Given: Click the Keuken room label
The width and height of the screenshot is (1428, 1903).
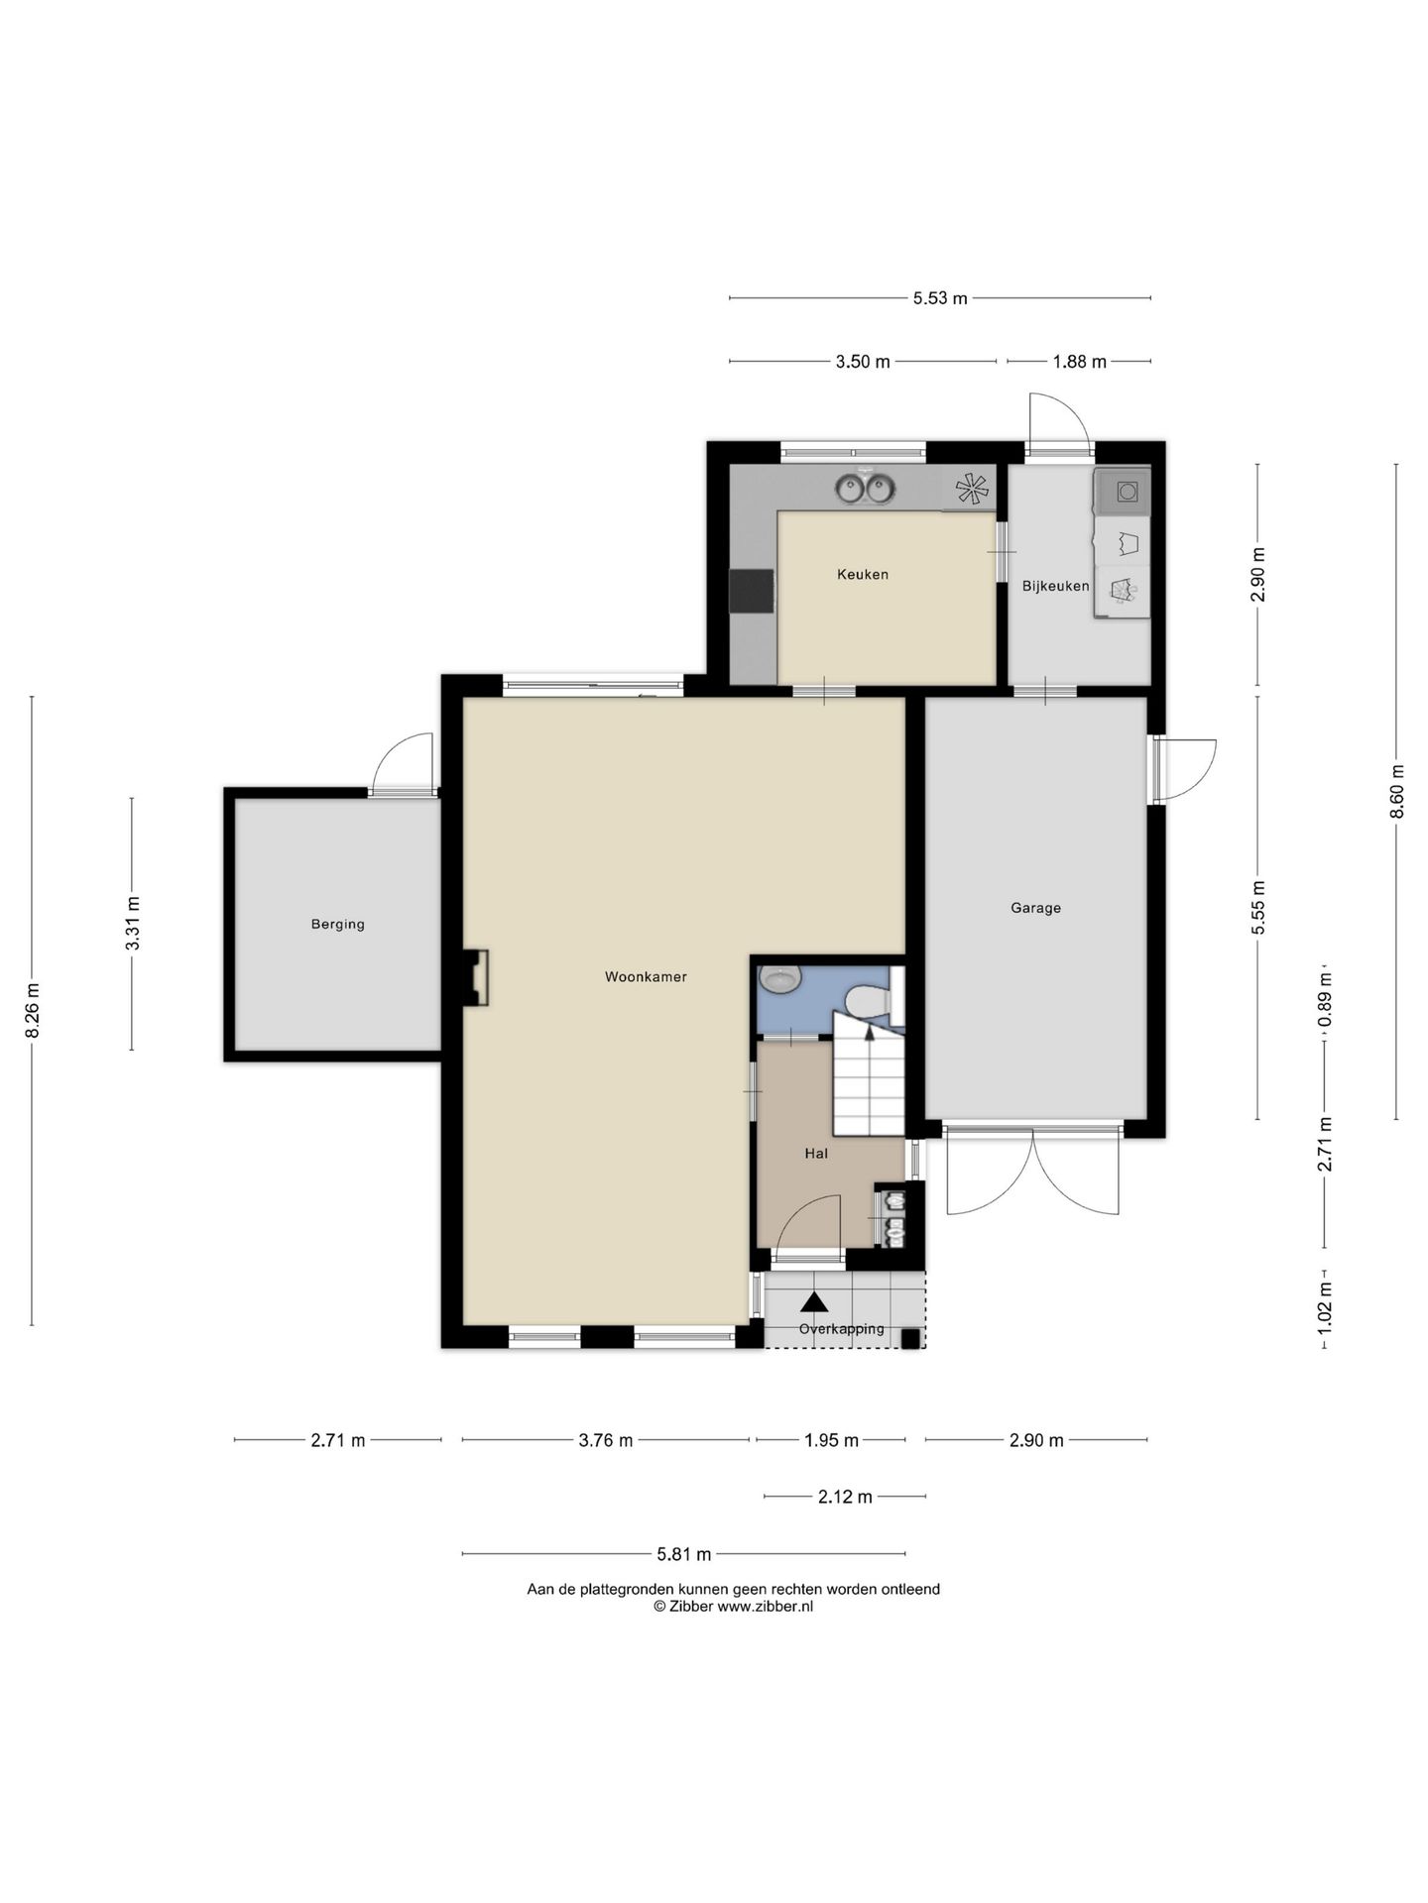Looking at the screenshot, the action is [x=862, y=574].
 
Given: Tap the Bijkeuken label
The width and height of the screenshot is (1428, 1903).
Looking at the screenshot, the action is [x=1055, y=586].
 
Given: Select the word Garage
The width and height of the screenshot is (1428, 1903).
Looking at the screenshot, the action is [x=1035, y=907].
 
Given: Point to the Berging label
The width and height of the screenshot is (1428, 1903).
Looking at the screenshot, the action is [x=337, y=924].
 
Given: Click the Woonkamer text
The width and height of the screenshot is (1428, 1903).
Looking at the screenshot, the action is [x=646, y=976].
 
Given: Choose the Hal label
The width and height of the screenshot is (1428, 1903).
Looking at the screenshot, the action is [x=816, y=1153].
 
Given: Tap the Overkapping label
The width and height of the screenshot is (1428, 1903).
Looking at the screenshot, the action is [x=841, y=1328].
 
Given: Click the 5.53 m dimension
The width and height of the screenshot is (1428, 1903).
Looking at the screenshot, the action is [x=940, y=297].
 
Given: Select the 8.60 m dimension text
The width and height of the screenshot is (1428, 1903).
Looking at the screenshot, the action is [x=1396, y=791].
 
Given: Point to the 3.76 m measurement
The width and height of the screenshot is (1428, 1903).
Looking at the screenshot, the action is [x=605, y=1440].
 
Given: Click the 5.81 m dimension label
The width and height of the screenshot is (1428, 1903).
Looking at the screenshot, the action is [x=684, y=1554].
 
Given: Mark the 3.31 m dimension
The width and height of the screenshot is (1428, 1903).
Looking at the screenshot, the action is [x=132, y=923].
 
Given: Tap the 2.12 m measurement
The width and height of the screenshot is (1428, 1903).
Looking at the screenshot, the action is [x=845, y=1497].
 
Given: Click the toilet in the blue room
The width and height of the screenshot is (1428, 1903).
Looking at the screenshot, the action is [x=869, y=1001].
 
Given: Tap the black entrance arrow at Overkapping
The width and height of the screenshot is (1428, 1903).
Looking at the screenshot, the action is [x=813, y=1302].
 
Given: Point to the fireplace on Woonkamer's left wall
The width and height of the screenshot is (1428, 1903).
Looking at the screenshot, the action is [x=476, y=978].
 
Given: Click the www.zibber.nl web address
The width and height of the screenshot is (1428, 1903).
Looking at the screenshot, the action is [x=765, y=1607].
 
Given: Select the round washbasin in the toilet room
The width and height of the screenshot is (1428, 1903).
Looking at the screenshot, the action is [x=780, y=979].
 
